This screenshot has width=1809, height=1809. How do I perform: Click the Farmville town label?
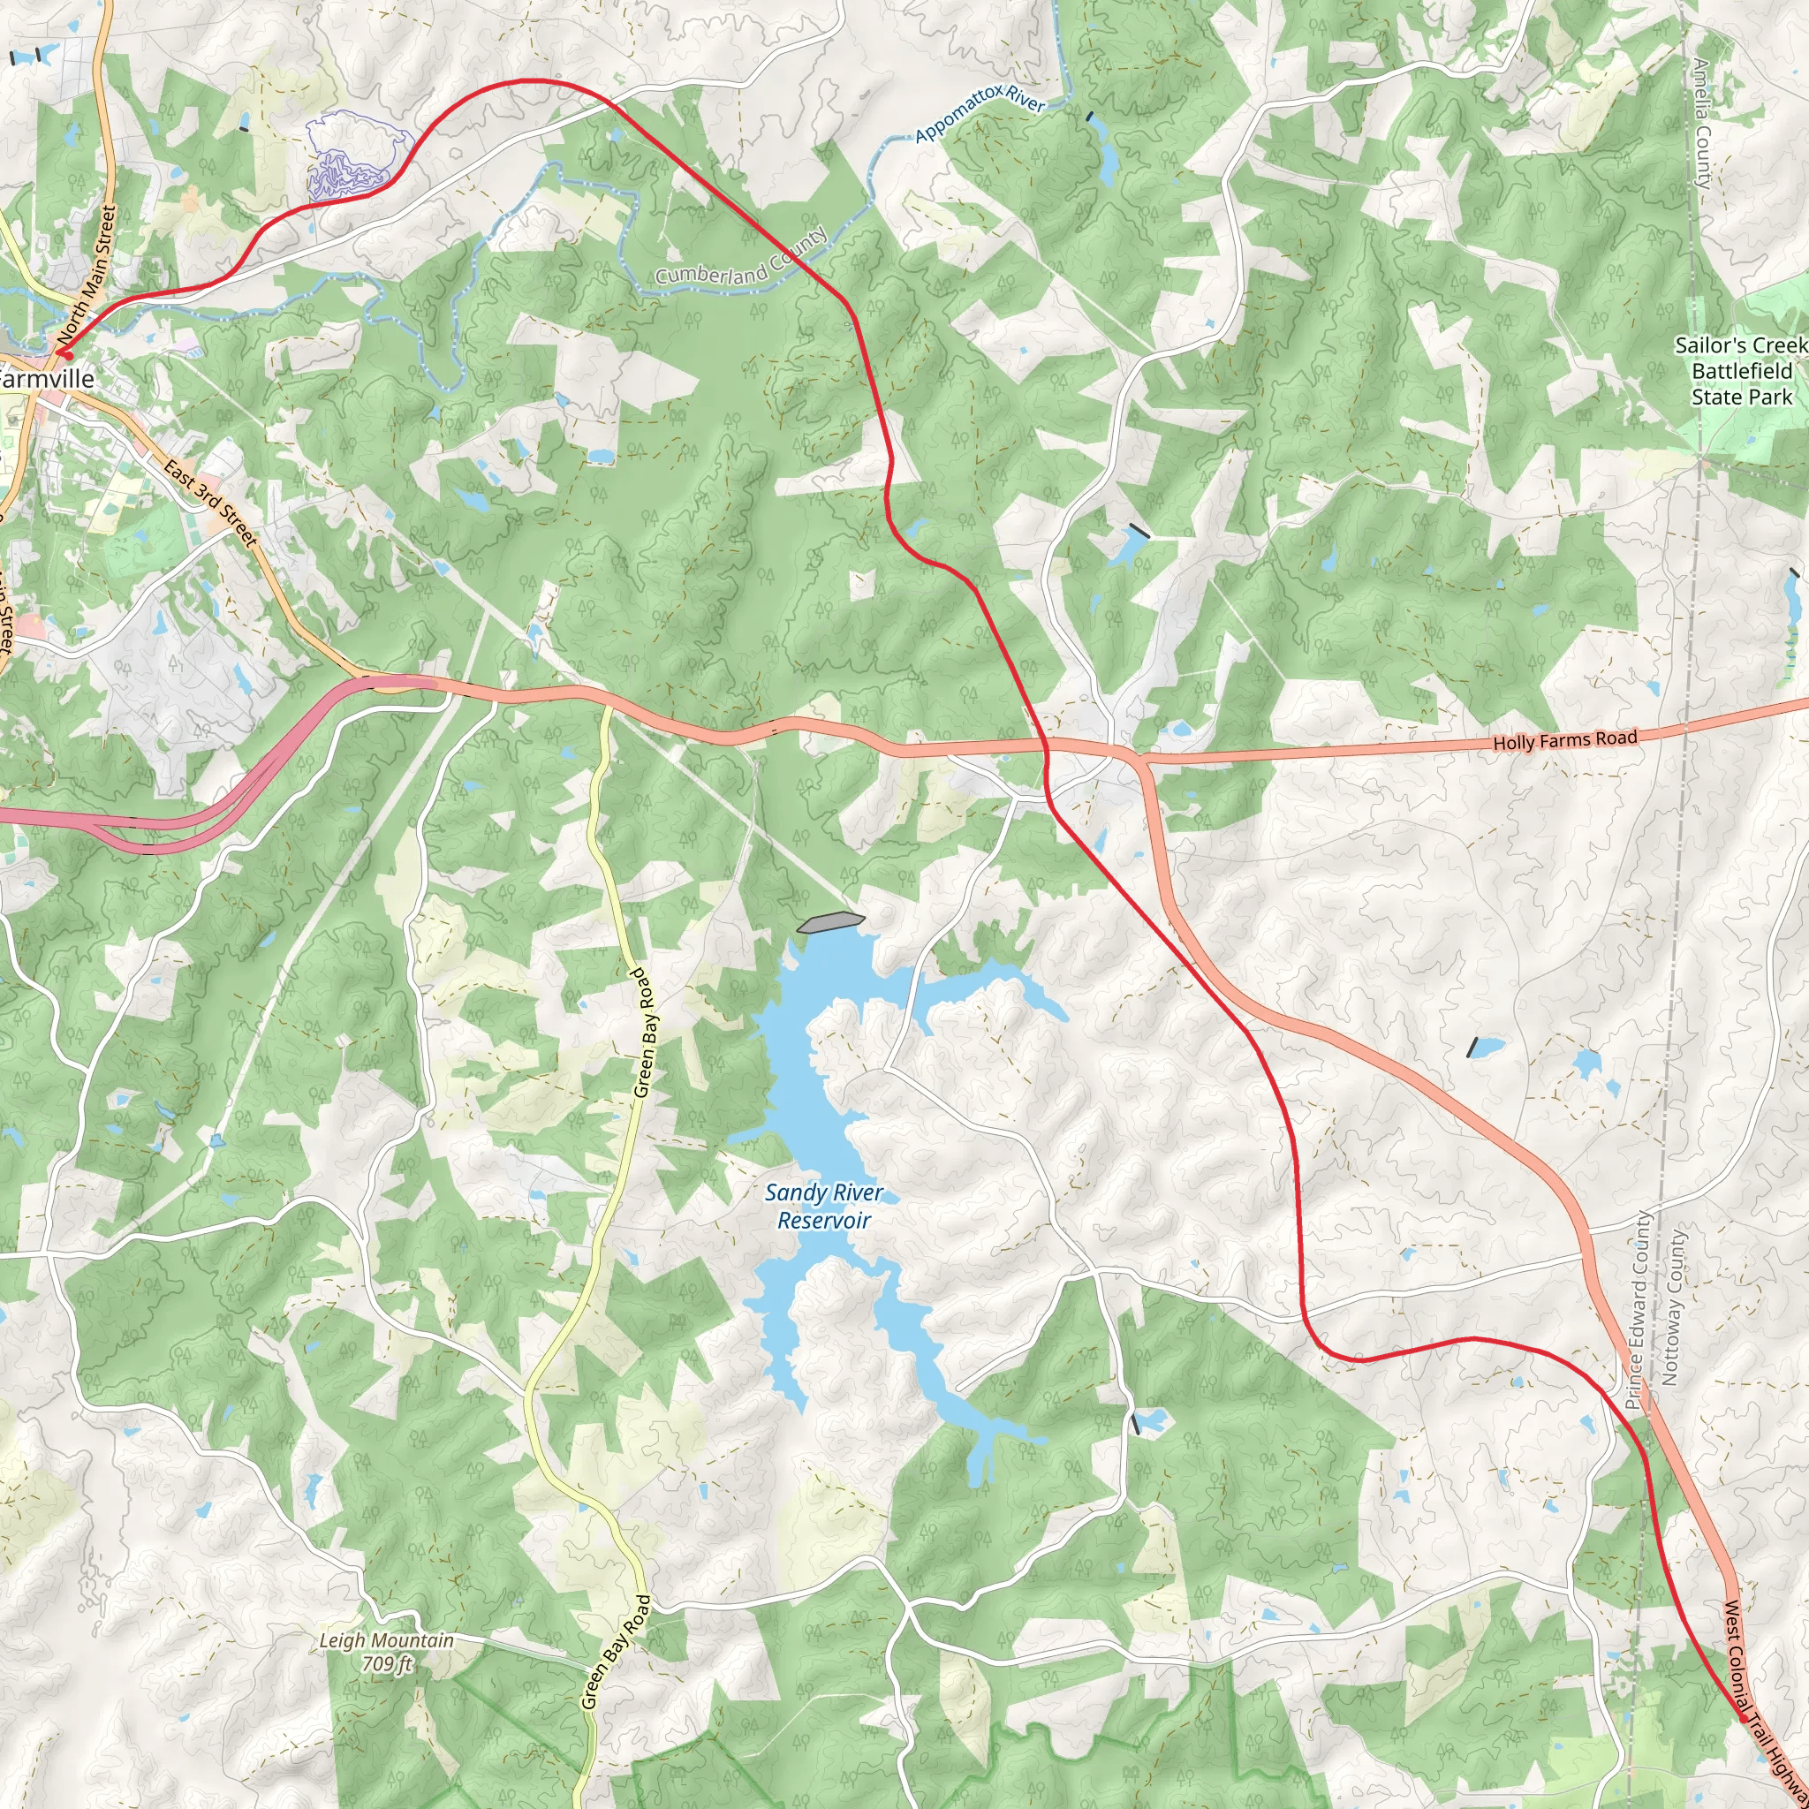point(47,378)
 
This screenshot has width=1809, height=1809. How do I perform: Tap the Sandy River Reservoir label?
point(823,1206)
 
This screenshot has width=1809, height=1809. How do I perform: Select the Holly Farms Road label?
point(1564,739)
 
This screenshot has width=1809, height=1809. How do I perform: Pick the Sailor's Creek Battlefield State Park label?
point(1741,371)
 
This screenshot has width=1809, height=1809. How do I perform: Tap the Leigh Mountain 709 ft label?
point(386,1652)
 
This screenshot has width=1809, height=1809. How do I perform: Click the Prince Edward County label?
point(1638,1311)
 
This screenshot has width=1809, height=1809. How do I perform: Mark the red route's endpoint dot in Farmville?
point(65,355)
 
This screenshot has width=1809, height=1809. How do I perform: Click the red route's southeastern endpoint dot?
point(1743,1718)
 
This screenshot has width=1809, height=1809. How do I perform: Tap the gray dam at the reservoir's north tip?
point(829,922)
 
